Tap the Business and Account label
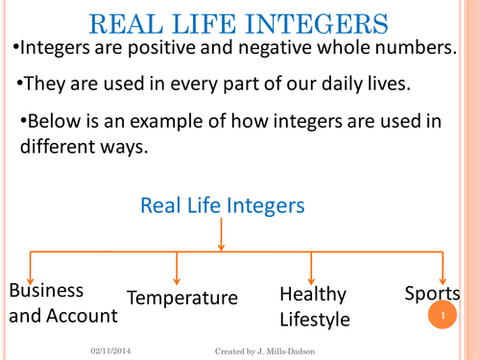(x=63, y=302)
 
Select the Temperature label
(x=182, y=298)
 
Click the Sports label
(x=432, y=294)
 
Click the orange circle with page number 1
(x=443, y=315)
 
